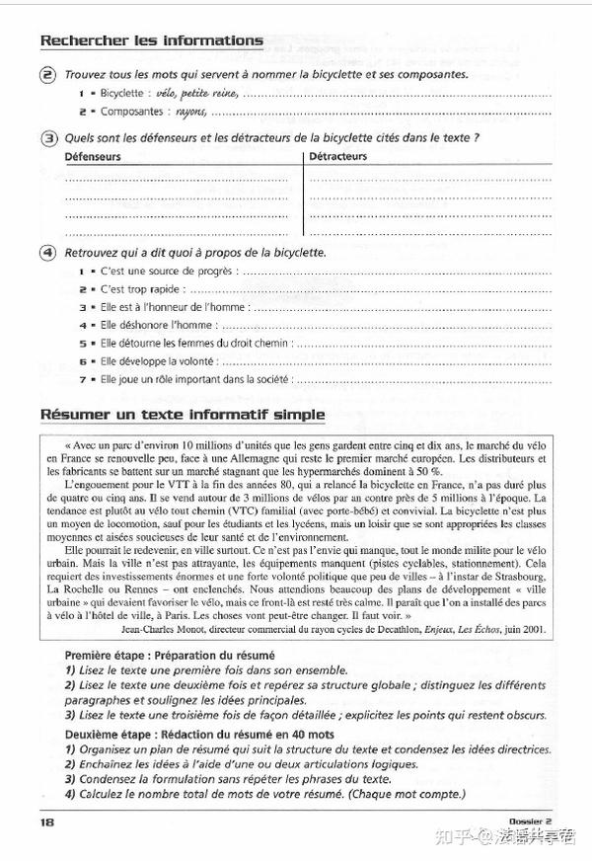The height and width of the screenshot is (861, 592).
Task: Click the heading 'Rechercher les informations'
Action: (151, 40)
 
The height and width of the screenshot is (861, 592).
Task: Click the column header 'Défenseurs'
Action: (93, 156)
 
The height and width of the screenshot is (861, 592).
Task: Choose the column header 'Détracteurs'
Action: (337, 156)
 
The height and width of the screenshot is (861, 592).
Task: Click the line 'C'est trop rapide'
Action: (142, 289)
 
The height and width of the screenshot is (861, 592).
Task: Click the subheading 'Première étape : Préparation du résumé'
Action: (170, 655)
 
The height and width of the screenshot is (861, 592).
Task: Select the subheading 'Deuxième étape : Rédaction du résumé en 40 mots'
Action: (199, 735)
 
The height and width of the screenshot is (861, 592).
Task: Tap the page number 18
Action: (47, 822)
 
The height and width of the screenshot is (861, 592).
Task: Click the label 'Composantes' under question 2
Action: (130, 111)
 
